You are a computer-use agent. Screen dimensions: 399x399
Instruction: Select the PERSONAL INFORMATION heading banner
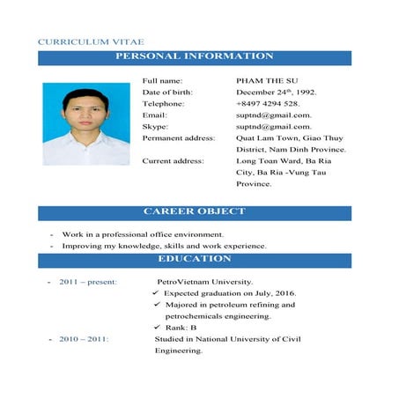(195, 57)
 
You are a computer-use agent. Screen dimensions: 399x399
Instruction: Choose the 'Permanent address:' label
(179, 137)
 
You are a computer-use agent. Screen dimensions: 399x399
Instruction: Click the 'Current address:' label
(174, 161)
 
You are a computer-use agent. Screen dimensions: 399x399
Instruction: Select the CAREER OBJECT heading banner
(195, 212)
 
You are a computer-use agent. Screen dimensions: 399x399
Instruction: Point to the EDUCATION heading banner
(195, 259)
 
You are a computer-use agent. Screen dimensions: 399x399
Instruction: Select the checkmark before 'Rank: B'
(156, 327)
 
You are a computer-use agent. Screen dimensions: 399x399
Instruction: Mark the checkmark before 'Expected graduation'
(156, 292)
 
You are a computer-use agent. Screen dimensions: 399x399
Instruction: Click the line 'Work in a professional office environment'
(143, 234)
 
